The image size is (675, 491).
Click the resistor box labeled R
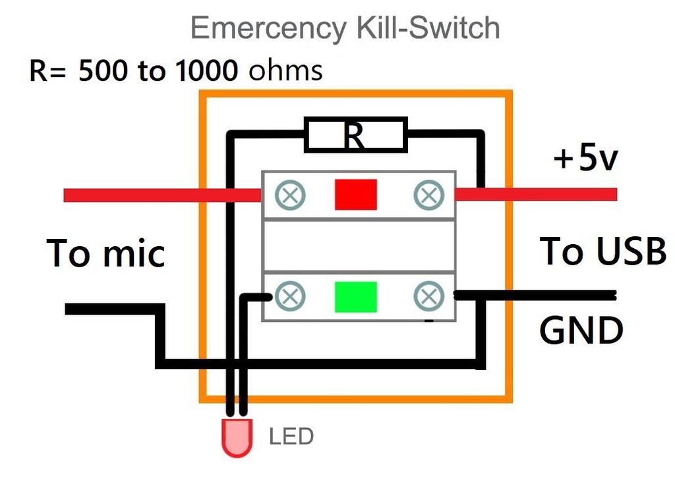click(355, 136)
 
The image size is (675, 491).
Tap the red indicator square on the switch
click(355, 194)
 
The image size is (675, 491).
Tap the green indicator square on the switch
click(355, 297)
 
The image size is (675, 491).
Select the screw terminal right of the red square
click(428, 194)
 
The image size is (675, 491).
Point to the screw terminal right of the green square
click(428, 297)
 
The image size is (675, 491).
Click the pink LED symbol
click(237, 438)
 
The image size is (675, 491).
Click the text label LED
click(291, 436)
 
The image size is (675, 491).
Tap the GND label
click(581, 331)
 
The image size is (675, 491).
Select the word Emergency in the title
click(268, 28)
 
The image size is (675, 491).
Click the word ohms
click(285, 71)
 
